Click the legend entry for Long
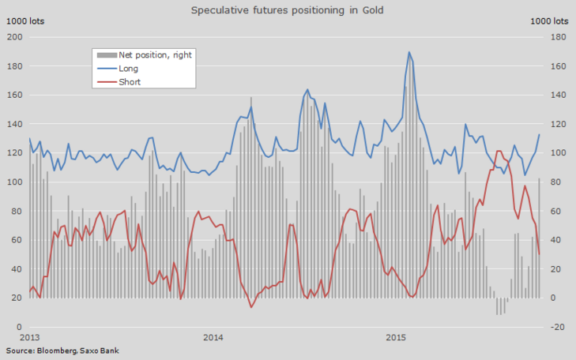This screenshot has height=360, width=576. coord(128,68)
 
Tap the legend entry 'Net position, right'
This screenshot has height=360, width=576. coord(154,55)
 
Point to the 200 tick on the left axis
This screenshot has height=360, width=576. coord(14,38)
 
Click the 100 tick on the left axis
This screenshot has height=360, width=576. coord(14,182)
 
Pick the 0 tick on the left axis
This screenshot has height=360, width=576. coord(17,327)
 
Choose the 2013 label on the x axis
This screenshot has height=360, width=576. coord(30,338)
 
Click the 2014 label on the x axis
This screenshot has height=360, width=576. coord(213,338)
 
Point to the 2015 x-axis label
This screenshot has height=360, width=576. coord(397,338)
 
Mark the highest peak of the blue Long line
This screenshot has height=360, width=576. coord(409,52)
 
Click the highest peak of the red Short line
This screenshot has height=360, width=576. coord(498,151)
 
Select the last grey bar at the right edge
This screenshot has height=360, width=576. coord(539,238)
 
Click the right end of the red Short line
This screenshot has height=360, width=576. coord(540,253)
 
